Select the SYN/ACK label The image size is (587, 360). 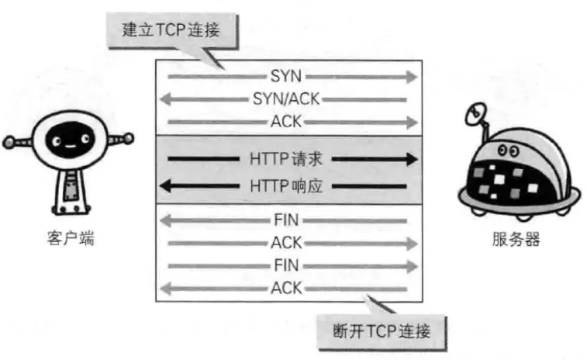[x=286, y=99]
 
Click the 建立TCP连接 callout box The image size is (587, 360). [x=170, y=31]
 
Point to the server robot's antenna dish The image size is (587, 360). [x=475, y=116]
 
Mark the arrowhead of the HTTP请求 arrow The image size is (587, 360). [x=411, y=160]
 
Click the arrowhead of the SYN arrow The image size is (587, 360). [x=412, y=77]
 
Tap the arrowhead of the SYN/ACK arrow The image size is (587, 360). [x=164, y=99]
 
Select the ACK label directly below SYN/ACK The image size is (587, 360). [x=286, y=122]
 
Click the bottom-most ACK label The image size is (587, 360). [x=286, y=289]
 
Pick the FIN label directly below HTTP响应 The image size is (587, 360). [x=286, y=220]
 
